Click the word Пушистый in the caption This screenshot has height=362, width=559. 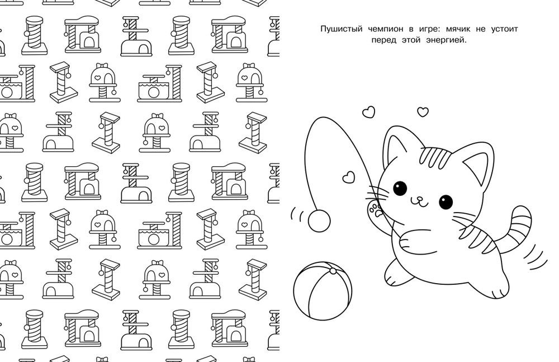[x=337, y=29]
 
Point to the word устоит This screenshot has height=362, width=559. [x=504, y=29]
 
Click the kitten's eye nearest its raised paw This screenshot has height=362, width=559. [x=400, y=188]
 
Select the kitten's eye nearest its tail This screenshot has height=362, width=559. [x=446, y=202]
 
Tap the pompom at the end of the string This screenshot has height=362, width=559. [x=319, y=221]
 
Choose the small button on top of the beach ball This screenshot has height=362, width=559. [x=333, y=271]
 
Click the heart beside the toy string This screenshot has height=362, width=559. [x=348, y=177]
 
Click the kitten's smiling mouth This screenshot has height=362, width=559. [x=419, y=203]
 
